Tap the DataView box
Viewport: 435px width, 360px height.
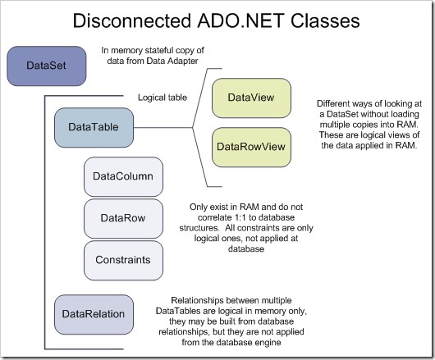pyautogui.click(x=252, y=98)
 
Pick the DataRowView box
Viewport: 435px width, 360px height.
pyautogui.click(x=252, y=147)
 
